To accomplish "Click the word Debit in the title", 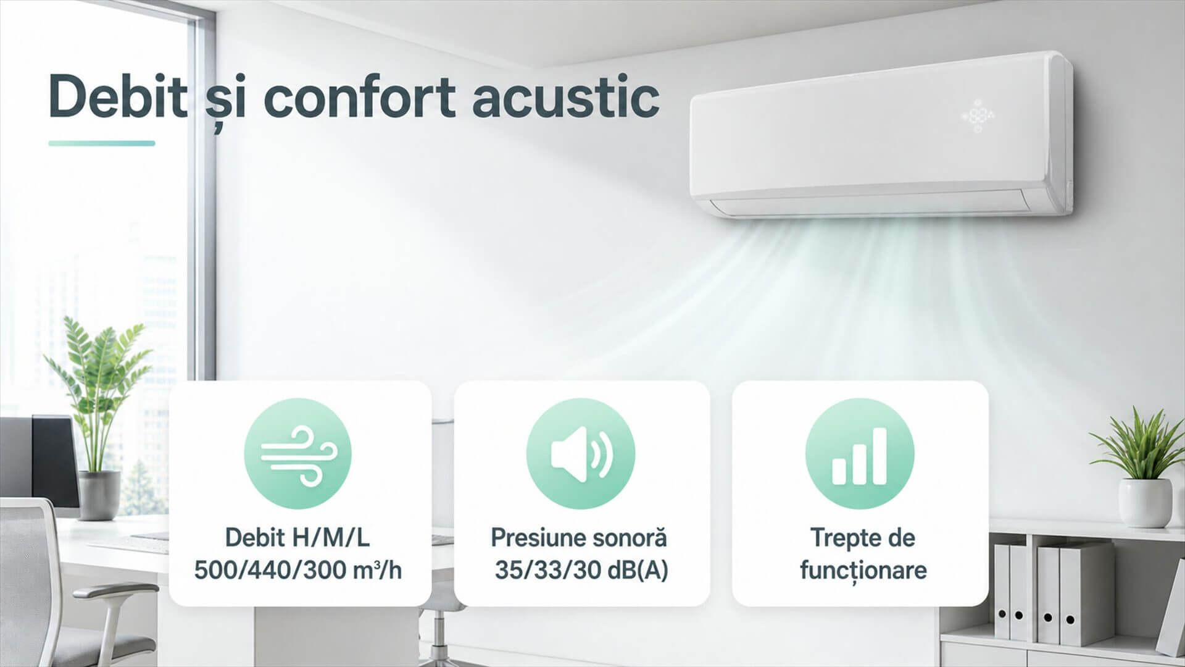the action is coord(117,97).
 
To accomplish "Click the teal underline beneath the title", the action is coord(102,143).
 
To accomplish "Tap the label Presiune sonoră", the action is coord(579,537).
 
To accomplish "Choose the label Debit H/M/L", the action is coord(297,537).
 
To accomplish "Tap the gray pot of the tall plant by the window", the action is coord(100,494).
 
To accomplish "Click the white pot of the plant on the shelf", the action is coord(1145,501).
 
